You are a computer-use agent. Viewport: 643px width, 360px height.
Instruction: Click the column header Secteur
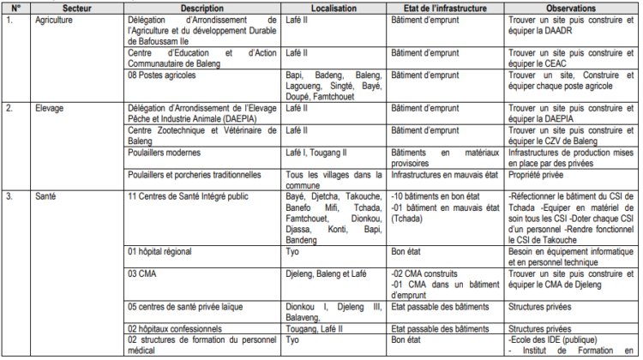click(x=75, y=8)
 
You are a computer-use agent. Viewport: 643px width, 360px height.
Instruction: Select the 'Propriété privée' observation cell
click(x=537, y=174)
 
